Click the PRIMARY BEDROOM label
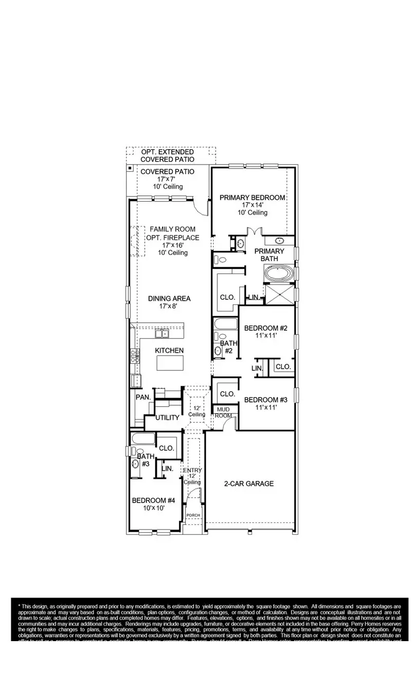click(x=252, y=197)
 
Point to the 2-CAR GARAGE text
click(x=249, y=483)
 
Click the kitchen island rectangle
click(x=170, y=363)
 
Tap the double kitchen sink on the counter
click(x=162, y=334)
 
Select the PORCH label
click(x=193, y=515)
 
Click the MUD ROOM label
click(x=222, y=412)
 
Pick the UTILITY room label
click(x=167, y=417)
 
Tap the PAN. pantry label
click(x=143, y=397)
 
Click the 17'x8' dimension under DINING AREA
click(x=169, y=306)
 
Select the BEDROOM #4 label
click(x=154, y=500)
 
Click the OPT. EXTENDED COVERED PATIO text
click(x=167, y=155)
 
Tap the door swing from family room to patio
click(x=200, y=207)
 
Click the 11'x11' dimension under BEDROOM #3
click(x=265, y=407)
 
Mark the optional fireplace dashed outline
click(x=134, y=241)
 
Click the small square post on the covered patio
click(x=130, y=168)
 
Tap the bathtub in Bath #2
click(x=225, y=324)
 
